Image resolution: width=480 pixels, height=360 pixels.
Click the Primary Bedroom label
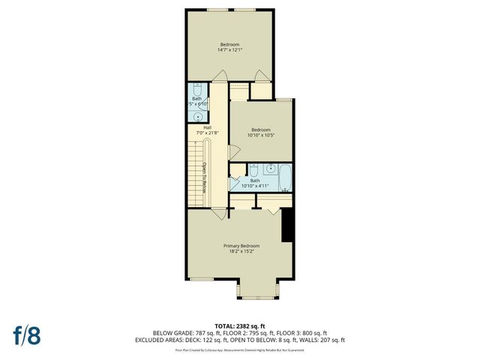point(241,247)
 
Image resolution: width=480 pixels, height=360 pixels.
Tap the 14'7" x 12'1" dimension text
point(229,49)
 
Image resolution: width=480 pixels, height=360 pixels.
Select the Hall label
point(206,127)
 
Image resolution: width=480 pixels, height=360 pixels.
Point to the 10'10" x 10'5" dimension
point(260,135)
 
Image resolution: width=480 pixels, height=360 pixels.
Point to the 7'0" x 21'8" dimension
point(206,133)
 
